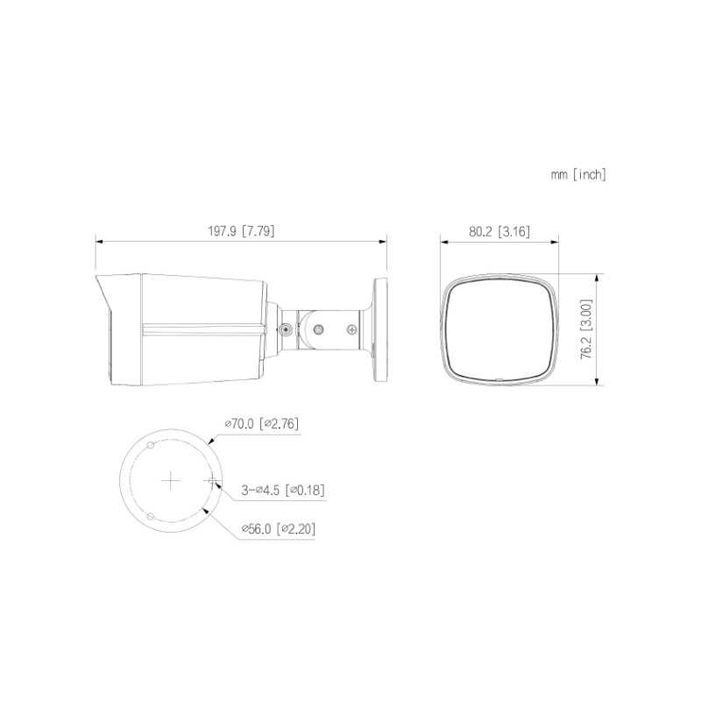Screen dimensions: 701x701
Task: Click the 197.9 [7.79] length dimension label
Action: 241,231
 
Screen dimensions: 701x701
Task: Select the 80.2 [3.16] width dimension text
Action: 499,231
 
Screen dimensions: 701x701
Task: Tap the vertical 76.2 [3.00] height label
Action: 586,329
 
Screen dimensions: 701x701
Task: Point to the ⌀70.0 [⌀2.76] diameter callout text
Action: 261,423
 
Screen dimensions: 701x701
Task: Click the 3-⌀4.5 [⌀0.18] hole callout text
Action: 283,490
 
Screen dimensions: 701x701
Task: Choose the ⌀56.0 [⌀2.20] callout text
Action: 279,529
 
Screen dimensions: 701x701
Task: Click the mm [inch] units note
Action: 578,174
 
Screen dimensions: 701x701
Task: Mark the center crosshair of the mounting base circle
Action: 171,480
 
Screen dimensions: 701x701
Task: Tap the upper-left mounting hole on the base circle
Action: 151,445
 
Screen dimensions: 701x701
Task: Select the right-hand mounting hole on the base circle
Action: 212,480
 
